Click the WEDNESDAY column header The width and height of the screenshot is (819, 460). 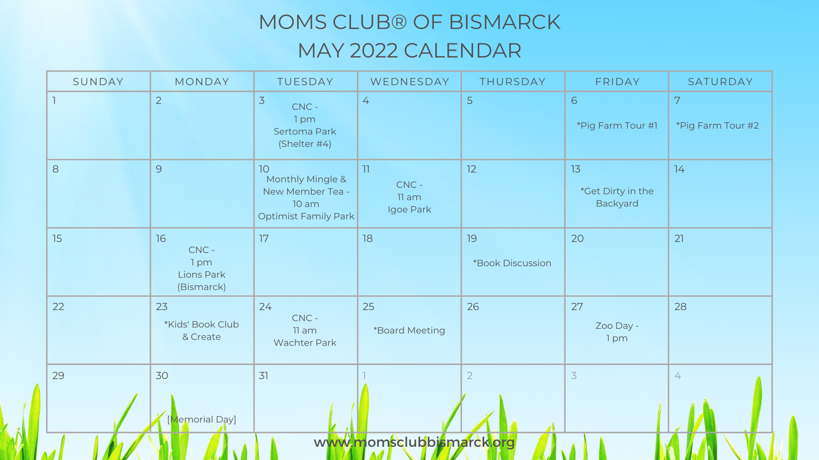coord(409,82)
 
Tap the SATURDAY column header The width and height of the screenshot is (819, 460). coord(720,82)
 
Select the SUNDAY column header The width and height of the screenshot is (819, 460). coord(98,82)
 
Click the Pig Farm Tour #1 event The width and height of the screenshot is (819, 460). coord(617,126)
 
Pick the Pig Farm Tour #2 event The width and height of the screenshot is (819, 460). coord(717,126)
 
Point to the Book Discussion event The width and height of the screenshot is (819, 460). coord(512,263)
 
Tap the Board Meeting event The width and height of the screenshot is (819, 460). coord(409,331)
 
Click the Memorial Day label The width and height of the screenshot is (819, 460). coord(202,420)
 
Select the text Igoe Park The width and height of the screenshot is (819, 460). coord(409,210)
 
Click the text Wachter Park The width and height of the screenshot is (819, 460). coord(305,343)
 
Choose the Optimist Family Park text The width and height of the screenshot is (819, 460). coord(306,216)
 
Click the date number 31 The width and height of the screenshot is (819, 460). coord(264,376)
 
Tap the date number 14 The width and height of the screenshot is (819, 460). coord(680,169)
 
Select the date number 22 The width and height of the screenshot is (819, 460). coord(58,307)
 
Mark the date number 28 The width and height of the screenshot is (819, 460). coord(680,307)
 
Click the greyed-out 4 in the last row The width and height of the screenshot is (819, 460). coord(678,376)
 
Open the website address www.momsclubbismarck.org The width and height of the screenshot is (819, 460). coord(414,442)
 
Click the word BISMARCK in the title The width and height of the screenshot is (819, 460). coord(505,22)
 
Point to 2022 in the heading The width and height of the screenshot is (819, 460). coord(374,51)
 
